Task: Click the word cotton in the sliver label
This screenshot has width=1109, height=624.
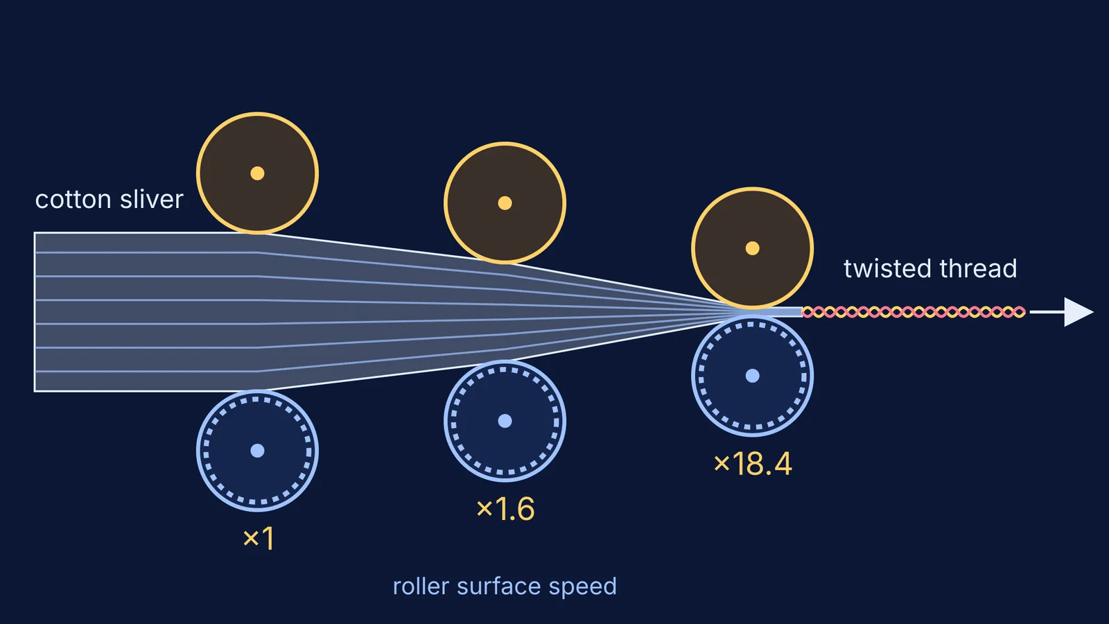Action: (73, 200)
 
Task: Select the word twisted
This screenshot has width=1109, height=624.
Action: (888, 268)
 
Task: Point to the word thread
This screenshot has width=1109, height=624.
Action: (978, 268)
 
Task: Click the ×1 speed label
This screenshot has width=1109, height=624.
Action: (259, 538)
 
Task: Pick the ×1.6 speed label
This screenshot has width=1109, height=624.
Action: (505, 509)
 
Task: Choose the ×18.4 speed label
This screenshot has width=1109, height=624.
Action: (753, 464)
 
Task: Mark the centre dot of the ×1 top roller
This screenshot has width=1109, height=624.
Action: (257, 173)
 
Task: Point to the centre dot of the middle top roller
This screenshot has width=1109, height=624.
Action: (505, 203)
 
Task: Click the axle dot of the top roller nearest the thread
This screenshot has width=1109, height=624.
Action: (753, 248)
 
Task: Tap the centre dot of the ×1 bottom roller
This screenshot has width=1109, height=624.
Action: (257, 451)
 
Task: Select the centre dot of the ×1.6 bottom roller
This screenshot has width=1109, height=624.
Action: (505, 421)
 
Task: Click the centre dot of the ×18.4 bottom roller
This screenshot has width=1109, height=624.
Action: (753, 376)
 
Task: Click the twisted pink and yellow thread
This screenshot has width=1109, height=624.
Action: (914, 312)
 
